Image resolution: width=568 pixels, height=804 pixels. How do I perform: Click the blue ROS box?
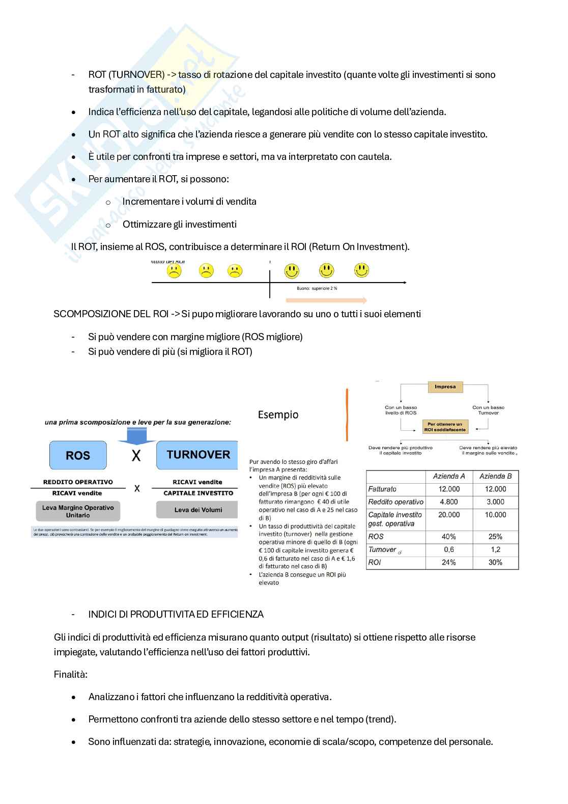(78, 455)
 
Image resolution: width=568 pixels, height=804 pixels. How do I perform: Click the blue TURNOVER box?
(197, 455)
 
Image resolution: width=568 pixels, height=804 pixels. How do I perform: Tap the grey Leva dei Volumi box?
(198, 510)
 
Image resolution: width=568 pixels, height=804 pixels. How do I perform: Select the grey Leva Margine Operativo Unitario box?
(78, 511)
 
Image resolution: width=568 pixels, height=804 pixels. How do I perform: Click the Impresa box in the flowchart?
(445, 387)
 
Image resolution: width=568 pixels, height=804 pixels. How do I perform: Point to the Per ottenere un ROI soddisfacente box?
(445, 427)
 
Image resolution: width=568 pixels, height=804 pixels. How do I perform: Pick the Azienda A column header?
(449, 476)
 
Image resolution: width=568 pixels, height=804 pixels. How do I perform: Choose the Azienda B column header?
(495, 476)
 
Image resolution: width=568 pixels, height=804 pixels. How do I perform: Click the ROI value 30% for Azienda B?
(495, 563)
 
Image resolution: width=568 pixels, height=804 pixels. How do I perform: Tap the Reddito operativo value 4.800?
(449, 502)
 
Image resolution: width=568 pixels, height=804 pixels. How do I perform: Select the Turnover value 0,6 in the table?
(449, 549)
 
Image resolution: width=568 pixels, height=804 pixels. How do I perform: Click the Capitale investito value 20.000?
(449, 515)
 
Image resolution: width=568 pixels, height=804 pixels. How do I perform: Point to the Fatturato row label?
(382, 489)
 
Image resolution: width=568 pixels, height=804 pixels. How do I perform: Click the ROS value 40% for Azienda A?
(449, 537)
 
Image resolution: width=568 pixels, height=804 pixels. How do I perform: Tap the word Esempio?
(278, 414)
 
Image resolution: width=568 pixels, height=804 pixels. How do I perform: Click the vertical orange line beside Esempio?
(347, 415)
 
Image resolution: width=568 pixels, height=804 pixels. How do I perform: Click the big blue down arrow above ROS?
(136, 434)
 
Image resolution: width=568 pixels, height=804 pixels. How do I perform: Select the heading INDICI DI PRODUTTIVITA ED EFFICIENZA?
(176, 614)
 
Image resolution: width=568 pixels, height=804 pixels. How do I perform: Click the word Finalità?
(71, 674)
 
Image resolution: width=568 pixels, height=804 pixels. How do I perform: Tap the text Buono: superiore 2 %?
(317, 288)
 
